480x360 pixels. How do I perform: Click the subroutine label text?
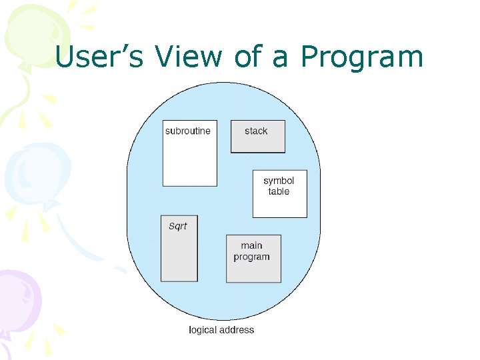coord(187,131)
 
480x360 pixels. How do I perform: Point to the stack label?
coord(256,131)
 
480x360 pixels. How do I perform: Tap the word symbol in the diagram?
coord(279,181)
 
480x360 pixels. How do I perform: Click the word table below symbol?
coord(279,191)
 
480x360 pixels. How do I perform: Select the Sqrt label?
coord(178,226)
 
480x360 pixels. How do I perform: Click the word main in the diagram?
coord(251,245)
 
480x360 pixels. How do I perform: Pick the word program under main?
coord(251,257)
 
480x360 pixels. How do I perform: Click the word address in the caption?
coord(238,329)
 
